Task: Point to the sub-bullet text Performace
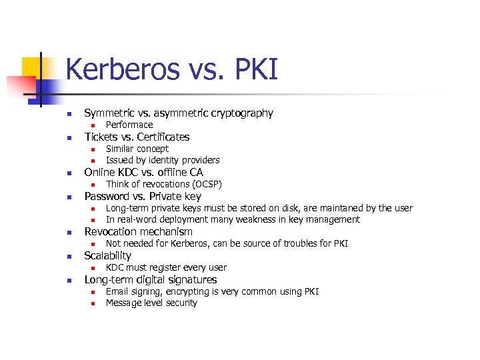(x=129, y=125)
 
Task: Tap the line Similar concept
(x=137, y=149)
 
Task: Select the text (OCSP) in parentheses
(x=207, y=184)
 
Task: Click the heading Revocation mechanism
(x=138, y=232)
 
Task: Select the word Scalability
(x=108, y=255)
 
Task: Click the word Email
(x=117, y=291)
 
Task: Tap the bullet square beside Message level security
(x=94, y=303)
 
